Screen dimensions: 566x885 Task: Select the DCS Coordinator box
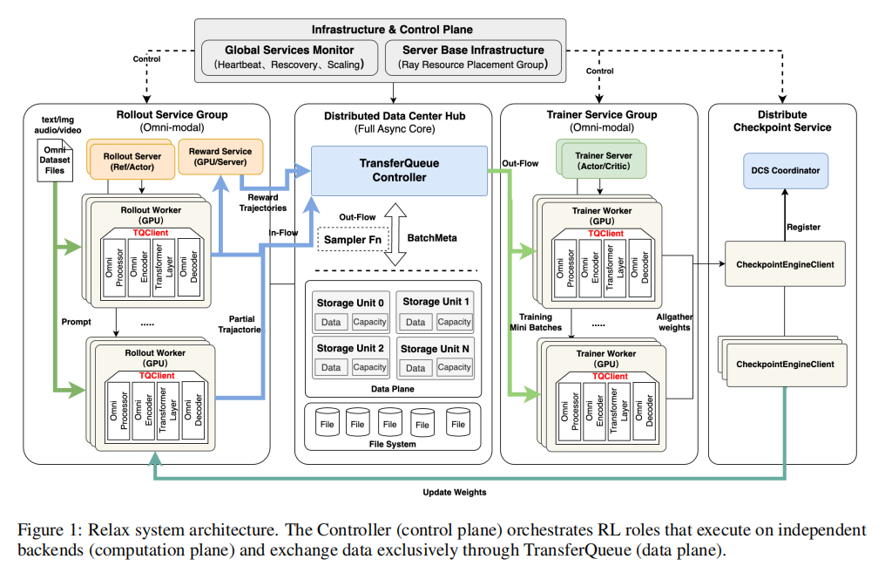tap(784, 171)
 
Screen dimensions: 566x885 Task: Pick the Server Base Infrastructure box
tap(473, 58)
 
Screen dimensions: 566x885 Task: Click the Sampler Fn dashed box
tap(353, 238)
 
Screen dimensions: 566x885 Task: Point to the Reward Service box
tap(220, 157)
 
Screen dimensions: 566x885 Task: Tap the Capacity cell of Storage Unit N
tap(454, 367)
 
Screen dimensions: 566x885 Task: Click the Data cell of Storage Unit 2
tap(331, 367)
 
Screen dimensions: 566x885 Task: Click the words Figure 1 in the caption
tap(45, 530)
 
